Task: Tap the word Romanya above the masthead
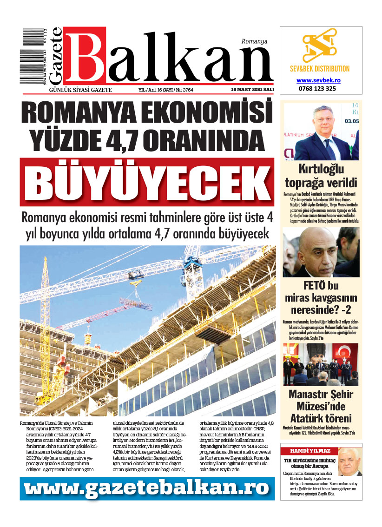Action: [x=254, y=41]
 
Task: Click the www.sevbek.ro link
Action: [x=318, y=80]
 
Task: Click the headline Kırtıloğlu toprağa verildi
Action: [x=321, y=175]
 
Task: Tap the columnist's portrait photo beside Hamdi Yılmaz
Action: [x=349, y=461]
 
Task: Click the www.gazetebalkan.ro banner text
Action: [x=147, y=488]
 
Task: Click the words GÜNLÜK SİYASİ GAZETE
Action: [x=77, y=90]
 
